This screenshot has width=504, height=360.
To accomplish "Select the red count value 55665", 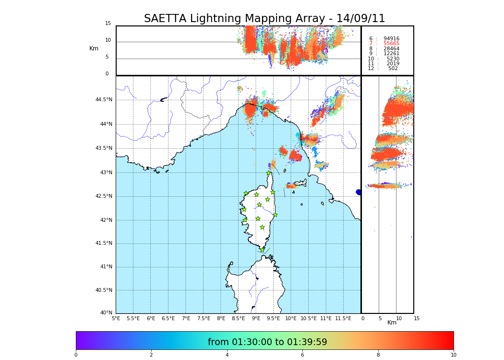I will click(x=391, y=44).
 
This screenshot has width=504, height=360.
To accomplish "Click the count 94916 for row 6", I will click(x=391, y=39).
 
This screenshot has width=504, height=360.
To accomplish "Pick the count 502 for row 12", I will click(x=393, y=69).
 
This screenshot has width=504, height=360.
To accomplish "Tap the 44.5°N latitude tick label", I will click(x=103, y=100).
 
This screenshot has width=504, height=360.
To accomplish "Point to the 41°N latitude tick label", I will click(x=105, y=267).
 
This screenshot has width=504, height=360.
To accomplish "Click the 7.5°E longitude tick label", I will click(x=204, y=318).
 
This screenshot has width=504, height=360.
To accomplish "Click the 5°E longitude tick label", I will click(x=116, y=318).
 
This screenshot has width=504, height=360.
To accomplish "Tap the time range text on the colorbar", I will click(x=267, y=342).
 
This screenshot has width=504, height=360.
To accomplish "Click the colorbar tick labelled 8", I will click(x=378, y=355).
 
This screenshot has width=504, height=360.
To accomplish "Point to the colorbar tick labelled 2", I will click(x=151, y=355).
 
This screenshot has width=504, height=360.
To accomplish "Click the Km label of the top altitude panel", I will click(x=94, y=48).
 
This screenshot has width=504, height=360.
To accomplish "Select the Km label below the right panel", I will click(x=392, y=323).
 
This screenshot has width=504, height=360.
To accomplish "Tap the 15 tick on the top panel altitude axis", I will click(x=108, y=24).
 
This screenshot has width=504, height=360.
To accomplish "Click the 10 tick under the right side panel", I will click(x=399, y=318).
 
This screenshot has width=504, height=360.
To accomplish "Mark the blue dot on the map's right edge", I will click(x=359, y=192).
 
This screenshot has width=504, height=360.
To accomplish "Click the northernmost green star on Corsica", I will click(x=269, y=173).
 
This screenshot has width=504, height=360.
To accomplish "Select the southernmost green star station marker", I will click(x=262, y=250).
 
